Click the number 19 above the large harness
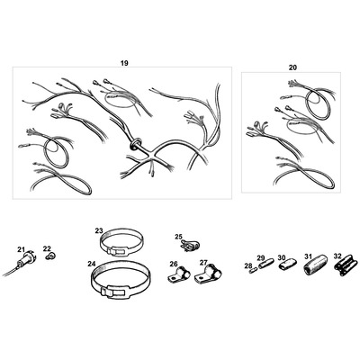[124, 63]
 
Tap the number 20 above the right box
[292, 67]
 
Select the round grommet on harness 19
[135, 143]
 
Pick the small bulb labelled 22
[51, 256]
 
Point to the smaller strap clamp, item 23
[121, 243]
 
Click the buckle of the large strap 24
[115, 292]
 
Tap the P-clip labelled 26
[178, 274]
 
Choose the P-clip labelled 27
[208, 274]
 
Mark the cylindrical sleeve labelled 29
[265, 265]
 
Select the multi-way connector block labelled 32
[346, 265]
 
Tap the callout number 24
[92, 264]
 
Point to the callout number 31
[308, 256]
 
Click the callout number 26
[174, 264]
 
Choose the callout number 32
[337, 256]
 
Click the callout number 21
[21, 249]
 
